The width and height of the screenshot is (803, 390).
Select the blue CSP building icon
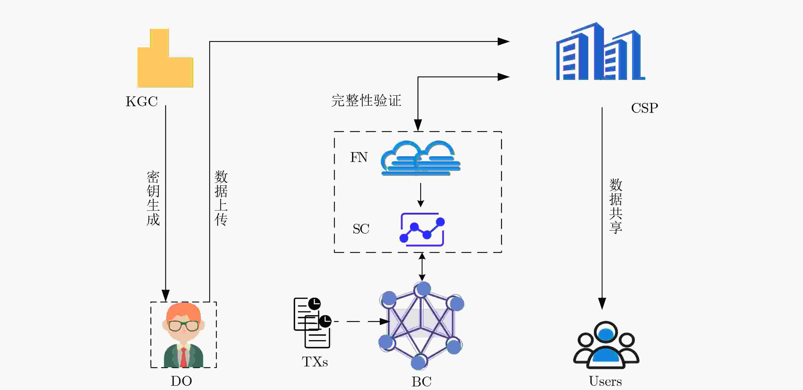600,51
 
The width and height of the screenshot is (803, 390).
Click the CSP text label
644,108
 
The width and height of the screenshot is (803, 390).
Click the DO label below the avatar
181,381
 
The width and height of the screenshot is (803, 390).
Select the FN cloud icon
421,158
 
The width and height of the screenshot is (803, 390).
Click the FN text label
359,157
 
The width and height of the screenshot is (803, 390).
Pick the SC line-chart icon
422,230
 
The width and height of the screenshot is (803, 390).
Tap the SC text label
361,229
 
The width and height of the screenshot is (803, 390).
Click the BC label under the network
421,381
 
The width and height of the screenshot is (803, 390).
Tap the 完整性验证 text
366,101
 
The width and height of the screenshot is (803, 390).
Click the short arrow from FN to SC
421,195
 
